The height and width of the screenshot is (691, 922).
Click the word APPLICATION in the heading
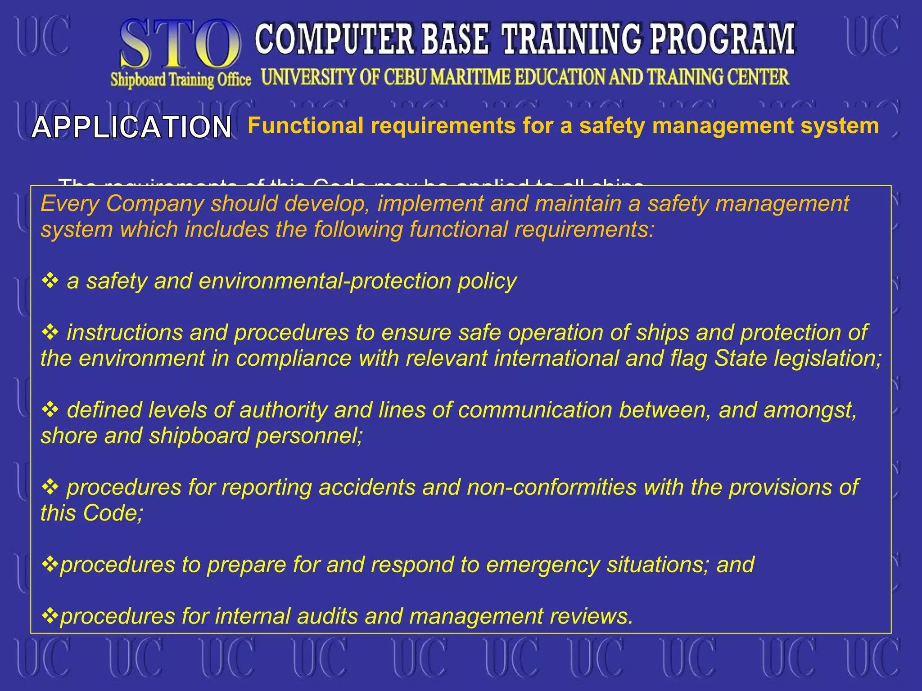coord(131,127)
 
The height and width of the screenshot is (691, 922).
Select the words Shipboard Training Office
coord(181,80)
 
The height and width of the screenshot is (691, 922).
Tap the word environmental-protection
coord(325,281)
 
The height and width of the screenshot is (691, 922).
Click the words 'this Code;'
coord(92,513)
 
